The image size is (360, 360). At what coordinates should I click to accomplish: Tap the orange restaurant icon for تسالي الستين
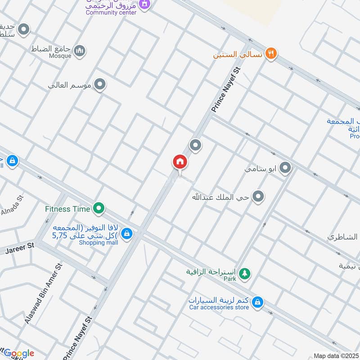point(270,53)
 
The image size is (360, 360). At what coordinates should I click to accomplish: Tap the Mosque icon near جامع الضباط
point(80,50)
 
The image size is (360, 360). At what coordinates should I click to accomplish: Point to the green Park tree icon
point(244,273)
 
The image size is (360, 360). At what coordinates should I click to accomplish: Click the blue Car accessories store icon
point(257,301)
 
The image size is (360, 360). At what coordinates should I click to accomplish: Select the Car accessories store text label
point(219,307)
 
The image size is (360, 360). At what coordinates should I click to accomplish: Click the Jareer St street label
point(20,247)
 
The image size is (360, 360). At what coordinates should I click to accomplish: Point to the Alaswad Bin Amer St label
point(44,292)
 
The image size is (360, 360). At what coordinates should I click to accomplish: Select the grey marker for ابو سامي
point(285,169)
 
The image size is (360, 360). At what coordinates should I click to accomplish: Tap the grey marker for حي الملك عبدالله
point(258,196)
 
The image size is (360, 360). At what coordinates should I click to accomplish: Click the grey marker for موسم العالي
point(100,84)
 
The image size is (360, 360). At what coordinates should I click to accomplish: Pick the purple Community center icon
point(144,4)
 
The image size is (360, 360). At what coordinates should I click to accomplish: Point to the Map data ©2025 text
point(335,356)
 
